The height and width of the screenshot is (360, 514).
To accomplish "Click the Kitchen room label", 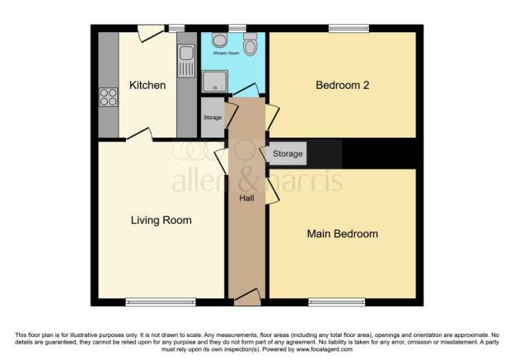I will click(x=147, y=86).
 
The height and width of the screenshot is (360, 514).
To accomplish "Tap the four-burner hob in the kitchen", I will click(x=108, y=98).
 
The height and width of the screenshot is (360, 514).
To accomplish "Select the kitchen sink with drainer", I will click(x=185, y=58).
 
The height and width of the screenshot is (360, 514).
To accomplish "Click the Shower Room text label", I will click(x=230, y=54).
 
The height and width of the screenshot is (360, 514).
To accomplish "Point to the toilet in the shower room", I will click(x=250, y=42).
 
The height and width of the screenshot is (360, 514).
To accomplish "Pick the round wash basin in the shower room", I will click(x=220, y=40).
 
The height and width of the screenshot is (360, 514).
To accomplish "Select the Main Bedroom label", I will click(x=342, y=234).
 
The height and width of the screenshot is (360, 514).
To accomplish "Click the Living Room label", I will click(x=161, y=220).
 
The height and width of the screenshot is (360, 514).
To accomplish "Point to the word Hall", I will click(x=246, y=198).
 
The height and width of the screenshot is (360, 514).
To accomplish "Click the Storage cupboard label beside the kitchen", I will click(x=213, y=118).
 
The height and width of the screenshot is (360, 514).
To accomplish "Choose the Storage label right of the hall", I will click(x=287, y=154).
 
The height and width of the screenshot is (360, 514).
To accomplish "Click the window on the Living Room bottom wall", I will click(x=149, y=302).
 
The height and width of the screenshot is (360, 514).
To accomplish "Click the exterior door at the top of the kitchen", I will click(x=150, y=32).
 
